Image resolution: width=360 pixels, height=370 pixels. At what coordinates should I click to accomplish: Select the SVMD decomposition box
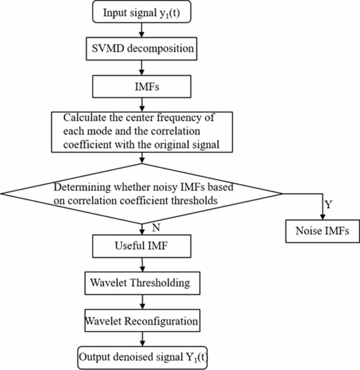142,48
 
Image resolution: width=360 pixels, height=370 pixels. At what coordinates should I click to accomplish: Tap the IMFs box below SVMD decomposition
142,87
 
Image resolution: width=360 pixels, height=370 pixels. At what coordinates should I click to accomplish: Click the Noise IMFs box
322,231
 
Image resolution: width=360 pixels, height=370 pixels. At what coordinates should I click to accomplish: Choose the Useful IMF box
142,246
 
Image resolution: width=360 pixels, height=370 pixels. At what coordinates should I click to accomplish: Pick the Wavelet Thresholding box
142,283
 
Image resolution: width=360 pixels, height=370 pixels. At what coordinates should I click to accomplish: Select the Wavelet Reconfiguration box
142,321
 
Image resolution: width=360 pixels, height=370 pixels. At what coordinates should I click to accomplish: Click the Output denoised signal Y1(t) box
142,357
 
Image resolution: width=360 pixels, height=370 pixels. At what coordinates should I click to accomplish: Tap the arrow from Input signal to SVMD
142,29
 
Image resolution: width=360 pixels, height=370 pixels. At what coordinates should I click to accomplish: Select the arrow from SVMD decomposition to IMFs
142,67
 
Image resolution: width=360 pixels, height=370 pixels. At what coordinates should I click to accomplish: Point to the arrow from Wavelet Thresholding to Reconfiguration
142,302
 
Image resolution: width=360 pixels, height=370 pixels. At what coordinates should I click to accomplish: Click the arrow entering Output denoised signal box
142,339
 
